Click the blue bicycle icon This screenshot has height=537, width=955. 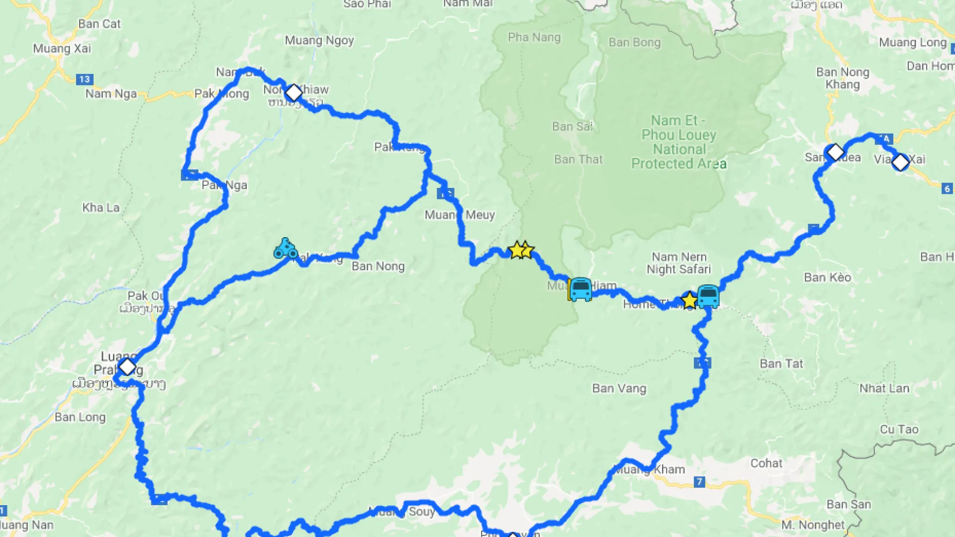pos(286,249)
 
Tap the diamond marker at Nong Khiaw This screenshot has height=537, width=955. pos(293,92)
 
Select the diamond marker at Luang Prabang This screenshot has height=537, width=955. pos(127,367)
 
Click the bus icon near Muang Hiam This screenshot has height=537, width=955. pos(580,289)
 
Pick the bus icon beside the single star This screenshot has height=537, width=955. pos(708,296)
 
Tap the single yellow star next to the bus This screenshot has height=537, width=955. pos(689,300)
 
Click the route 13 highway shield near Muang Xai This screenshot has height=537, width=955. pos(84,79)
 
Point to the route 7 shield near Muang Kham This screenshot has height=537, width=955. pos(699,481)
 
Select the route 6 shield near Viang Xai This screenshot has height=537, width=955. pos(947,188)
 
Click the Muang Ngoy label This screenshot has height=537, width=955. pos(319,40)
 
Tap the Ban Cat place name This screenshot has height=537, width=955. pos(99,24)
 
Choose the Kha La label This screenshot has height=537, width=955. pos(101,207)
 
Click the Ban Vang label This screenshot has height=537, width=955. pos(619,388)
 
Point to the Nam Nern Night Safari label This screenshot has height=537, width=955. pos(679,263)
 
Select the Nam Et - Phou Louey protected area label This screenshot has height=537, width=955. pos(679,142)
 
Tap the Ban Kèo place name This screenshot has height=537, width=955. pos(828,277)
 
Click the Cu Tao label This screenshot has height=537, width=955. pos(899,429)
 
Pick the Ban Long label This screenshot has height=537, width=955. pos(80,417)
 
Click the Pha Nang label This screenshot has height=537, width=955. pos(534,37)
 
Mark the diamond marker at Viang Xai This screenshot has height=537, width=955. pos(900,162)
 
